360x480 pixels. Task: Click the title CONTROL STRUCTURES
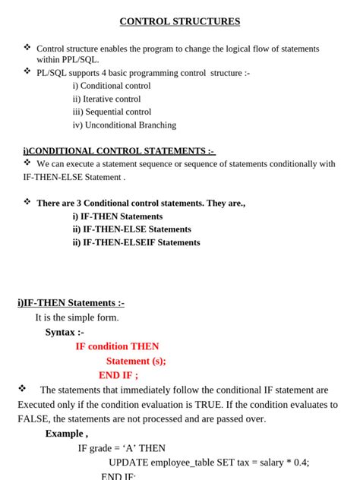180,21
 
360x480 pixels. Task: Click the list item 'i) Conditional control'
112,86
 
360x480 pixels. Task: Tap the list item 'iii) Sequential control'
112,112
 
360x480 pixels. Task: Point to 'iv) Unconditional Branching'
124,125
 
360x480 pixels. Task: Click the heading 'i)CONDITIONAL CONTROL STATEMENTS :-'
119,151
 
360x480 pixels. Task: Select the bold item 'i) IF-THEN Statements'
118,216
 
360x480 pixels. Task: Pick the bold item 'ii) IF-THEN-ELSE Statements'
131,229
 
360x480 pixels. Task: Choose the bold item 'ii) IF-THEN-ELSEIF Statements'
136,242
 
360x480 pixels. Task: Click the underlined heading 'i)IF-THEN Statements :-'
71,302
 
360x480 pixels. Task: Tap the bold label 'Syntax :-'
65,332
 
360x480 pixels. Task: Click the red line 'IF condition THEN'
117,346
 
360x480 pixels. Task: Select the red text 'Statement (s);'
136,361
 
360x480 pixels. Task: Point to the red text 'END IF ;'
118,375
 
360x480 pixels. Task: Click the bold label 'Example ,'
66,433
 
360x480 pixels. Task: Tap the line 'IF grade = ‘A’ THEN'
122,448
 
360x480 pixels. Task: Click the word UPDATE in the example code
128,462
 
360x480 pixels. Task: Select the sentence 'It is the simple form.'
77,317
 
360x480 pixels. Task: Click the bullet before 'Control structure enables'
27,47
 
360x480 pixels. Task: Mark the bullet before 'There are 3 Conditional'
27,202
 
